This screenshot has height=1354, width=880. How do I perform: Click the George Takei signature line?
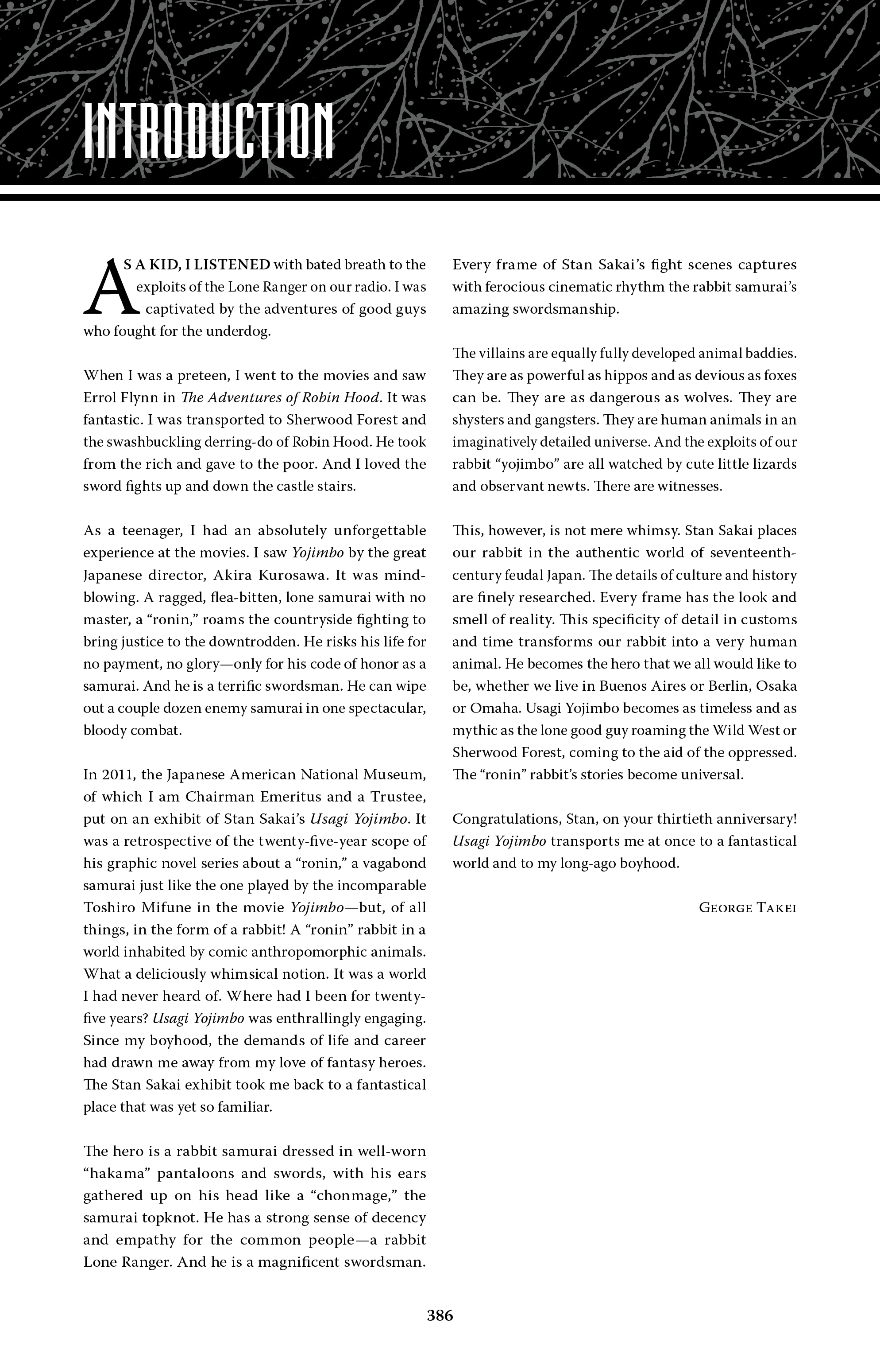pos(747,907)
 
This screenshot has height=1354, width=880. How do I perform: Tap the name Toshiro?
pos(108,908)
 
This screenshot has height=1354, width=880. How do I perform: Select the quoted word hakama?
pos(116,1174)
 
